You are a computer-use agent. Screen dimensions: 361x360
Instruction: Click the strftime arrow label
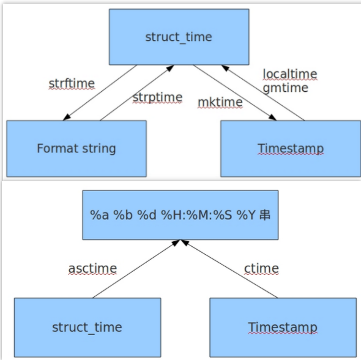(72, 83)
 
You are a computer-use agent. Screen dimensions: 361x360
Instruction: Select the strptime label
(157, 98)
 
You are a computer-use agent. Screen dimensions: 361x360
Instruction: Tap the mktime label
(220, 102)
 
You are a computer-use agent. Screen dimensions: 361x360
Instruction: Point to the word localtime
(290, 74)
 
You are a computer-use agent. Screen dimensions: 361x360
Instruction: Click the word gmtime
(286, 88)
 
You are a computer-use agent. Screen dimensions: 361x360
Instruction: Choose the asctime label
(92, 269)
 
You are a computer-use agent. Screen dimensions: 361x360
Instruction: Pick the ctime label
(261, 269)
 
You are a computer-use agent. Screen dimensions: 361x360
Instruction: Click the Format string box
(76, 149)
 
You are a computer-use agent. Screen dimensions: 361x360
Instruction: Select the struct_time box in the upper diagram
(179, 37)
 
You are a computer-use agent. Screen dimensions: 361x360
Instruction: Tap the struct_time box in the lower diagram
(87, 328)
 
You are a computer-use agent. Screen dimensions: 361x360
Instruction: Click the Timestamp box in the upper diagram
(291, 149)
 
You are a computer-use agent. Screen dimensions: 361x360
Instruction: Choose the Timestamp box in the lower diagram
(283, 328)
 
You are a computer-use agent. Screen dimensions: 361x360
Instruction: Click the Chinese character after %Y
(265, 215)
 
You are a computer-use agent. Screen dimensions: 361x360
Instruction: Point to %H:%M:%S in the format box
(196, 215)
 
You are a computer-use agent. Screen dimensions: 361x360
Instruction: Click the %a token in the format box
(99, 215)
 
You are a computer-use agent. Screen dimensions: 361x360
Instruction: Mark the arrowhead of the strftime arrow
(66, 118)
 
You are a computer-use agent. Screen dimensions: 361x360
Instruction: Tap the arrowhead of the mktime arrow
(273, 118)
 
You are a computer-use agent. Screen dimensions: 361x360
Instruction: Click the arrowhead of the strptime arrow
(170, 68)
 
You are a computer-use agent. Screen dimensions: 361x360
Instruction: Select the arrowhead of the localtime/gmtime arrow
(225, 68)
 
